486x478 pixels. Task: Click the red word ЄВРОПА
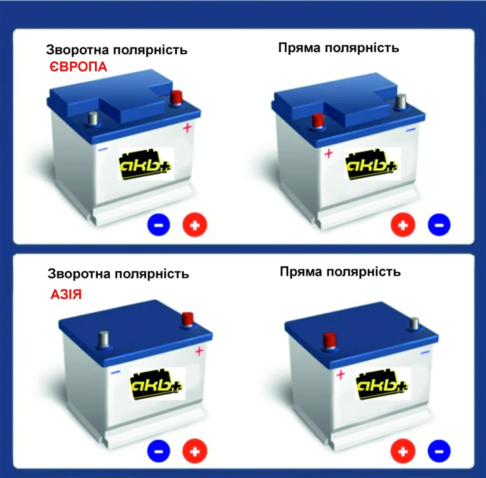click(78, 67)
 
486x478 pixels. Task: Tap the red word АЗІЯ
click(66, 294)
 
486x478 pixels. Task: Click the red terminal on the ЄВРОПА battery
click(177, 98)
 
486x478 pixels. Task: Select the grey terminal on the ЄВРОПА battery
click(93, 119)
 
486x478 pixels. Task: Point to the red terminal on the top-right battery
click(318, 121)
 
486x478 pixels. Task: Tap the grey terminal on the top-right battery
click(402, 101)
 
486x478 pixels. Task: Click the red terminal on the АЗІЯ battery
click(187, 319)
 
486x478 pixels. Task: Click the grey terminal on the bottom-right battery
click(414, 324)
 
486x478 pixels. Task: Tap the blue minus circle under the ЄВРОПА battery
click(159, 224)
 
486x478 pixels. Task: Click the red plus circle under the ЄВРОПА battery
click(195, 225)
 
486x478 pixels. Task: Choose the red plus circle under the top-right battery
click(403, 224)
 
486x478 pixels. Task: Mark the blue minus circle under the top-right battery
click(439, 224)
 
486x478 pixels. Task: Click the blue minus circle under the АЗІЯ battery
click(159, 451)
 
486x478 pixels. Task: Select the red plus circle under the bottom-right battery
click(403, 451)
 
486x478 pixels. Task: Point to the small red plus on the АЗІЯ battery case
click(199, 351)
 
